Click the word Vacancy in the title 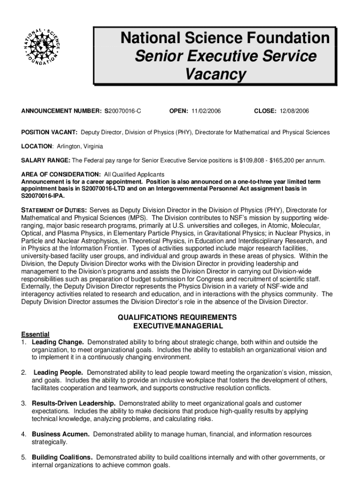click(215, 74)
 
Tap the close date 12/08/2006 click(295, 111)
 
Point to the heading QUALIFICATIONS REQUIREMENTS click(178, 317)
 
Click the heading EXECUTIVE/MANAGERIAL click(178, 326)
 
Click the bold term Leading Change click(58, 342)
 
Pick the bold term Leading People click(58, 372)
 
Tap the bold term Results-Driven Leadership click(74, 403)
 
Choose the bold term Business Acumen click(60, 434)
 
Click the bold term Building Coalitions click(62, 457)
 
